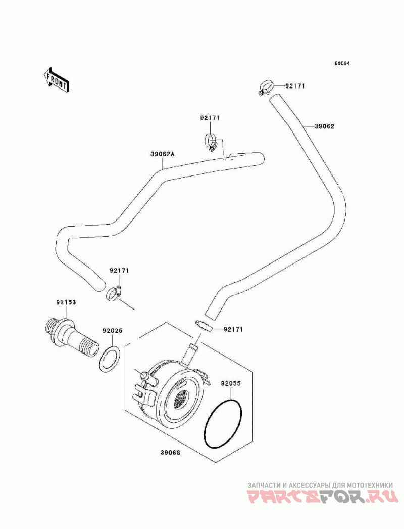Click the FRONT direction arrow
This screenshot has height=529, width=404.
point(56,79)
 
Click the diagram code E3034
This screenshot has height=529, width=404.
point(342,63)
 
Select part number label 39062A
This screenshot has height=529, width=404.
point(162,154)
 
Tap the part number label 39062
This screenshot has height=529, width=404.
point(324,126)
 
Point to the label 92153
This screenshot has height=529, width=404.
point(66,302)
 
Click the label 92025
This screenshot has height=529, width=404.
point(113,331)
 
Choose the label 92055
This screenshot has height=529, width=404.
point(231,383)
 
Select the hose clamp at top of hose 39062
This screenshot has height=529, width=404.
point(266,87)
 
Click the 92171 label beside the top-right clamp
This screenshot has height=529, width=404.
point(295,86)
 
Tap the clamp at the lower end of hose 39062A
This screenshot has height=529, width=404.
point(114,293)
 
